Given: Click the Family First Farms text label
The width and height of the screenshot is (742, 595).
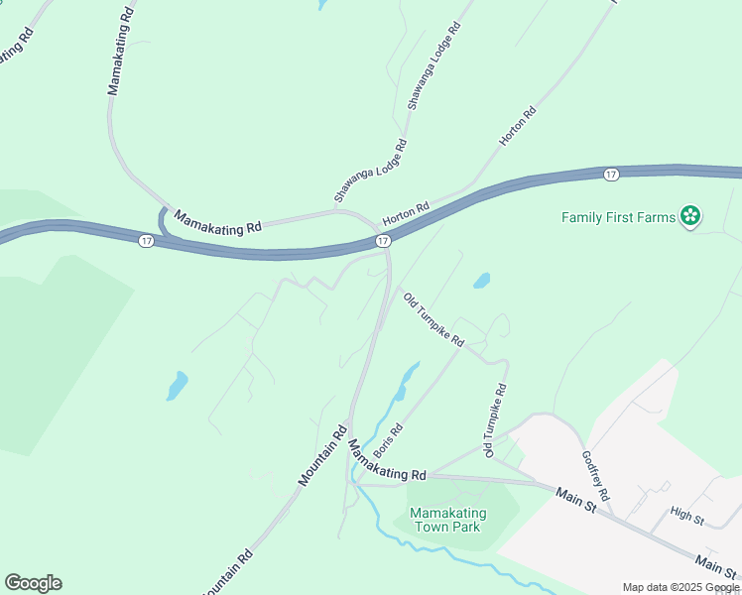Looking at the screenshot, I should (617, 217).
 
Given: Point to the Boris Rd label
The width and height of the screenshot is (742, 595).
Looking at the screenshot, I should (388, 442).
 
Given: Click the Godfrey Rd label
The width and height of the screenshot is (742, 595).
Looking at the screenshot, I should (595, 476).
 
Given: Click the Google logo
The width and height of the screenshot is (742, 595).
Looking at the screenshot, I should (33, 583).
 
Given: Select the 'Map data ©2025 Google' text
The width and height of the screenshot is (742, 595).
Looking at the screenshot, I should (680, 587).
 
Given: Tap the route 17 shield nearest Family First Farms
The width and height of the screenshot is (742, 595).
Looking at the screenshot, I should (610, 175).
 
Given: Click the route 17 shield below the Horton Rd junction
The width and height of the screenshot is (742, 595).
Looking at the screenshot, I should (383, 241).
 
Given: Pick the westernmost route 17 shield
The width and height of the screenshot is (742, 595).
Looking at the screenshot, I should (147, 241).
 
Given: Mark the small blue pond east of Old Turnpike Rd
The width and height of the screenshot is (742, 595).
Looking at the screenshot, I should (481, 281).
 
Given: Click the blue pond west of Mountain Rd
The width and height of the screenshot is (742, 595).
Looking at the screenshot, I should (177, 385).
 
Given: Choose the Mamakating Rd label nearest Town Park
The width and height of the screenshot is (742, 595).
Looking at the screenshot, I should (389, 464).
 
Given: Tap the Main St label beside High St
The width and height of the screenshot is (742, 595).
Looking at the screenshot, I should (716, 565).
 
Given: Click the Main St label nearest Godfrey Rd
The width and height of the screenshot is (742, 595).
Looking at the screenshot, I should (574, 500).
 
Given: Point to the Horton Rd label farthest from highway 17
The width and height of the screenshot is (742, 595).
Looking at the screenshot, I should (518, 127).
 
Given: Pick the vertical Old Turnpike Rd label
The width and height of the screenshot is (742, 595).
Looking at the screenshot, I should (495, 420).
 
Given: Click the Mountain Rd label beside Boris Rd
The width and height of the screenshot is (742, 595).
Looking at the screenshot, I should (322, 455).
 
